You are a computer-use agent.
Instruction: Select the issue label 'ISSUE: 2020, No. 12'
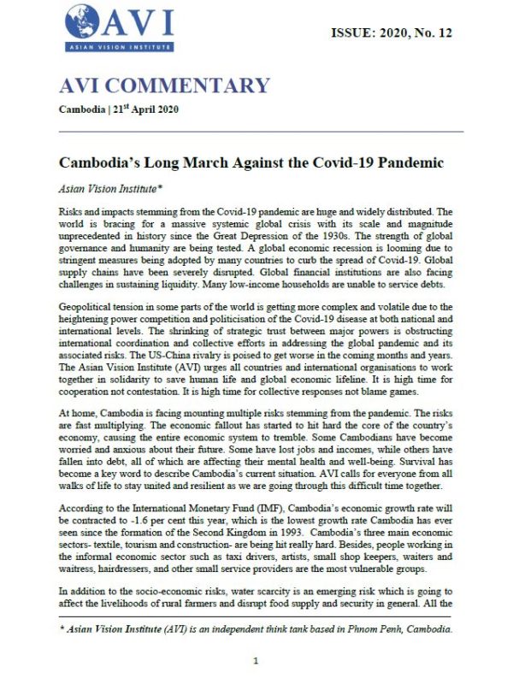coord(391,33)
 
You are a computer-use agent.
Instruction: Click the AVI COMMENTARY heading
coord(164,86)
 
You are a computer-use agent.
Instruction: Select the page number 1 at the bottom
coord(256,661)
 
